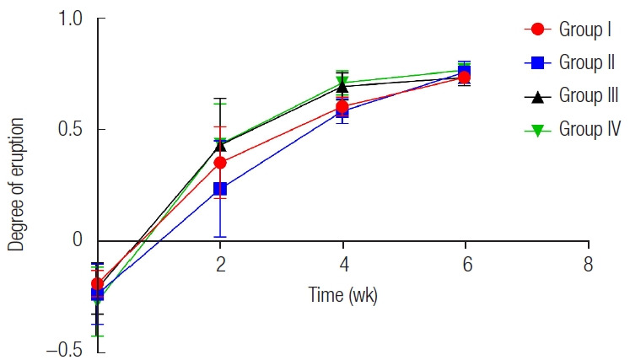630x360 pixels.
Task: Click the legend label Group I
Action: [x=585, y=30]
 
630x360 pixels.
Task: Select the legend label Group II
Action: [x=587, y=62]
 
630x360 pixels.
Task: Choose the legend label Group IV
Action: [x=590, y=128]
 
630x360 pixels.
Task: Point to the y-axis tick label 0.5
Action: [x=72, y=130]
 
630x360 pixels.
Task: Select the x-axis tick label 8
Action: [x=588, y=263]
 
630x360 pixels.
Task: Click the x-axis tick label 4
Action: [x=342, y=263]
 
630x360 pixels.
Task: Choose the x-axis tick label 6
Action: [x=465, y=263]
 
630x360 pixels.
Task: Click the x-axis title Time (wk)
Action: [x=342, y=296]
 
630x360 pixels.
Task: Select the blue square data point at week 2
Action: [x=220, y=189]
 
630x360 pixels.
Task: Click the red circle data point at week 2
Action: [x=220, y=163]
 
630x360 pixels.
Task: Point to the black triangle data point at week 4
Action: [x=342, y=87]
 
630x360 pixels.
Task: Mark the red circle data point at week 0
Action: [x=98, y=284]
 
